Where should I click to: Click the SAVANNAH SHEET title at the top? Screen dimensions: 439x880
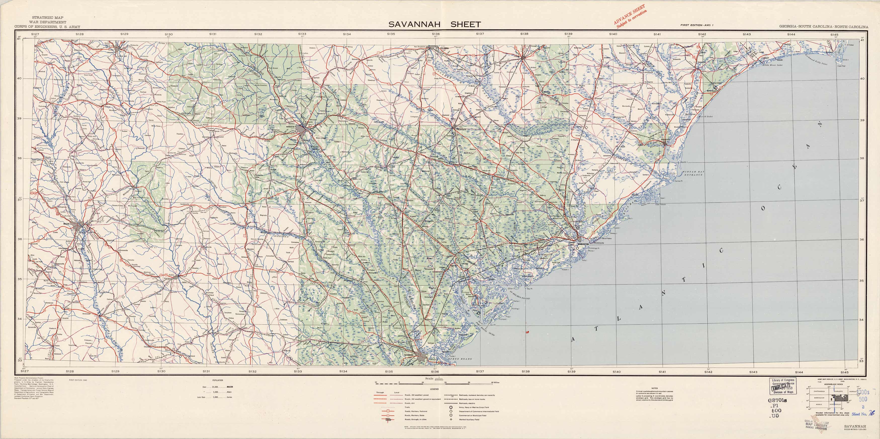tap(434, 24)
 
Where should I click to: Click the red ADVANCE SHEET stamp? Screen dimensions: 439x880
tap(630, 16)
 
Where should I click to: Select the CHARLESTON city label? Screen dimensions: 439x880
tap(583, 244)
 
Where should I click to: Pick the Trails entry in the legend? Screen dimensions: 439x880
tap(407, 407)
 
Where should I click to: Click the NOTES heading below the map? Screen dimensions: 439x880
tap(654, 388)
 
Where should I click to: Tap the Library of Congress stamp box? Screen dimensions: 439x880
tap(783, 386)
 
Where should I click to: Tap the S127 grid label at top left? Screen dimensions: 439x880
tap(35, 34)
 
